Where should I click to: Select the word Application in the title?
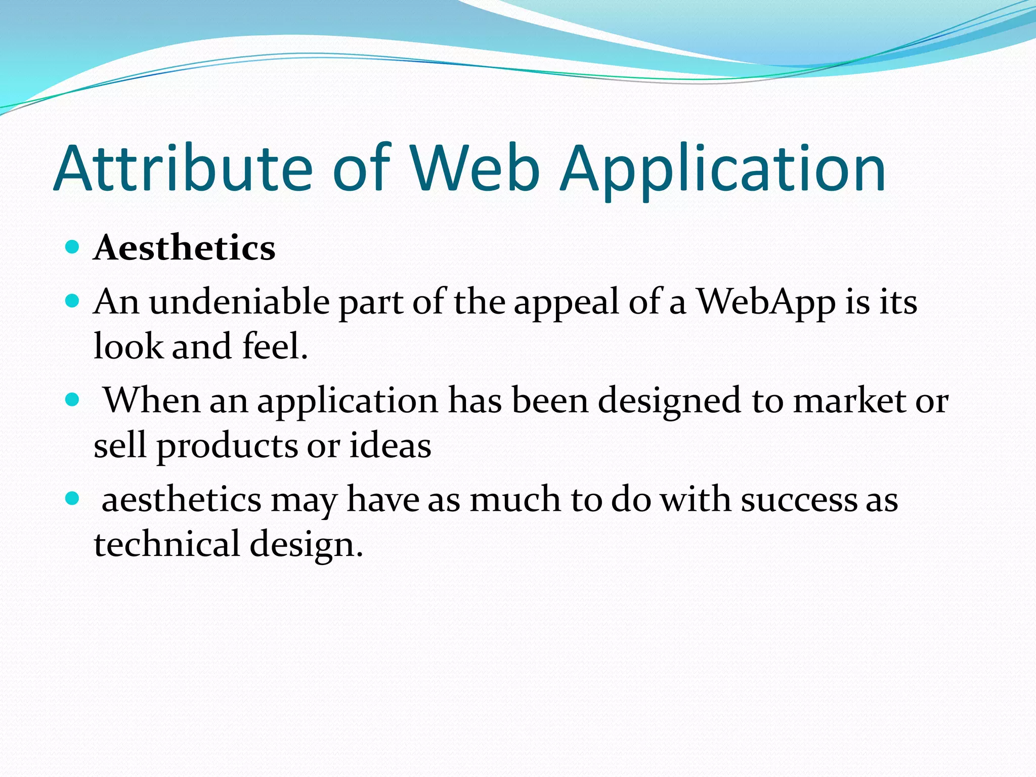(x=723, y=169)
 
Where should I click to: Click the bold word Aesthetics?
(x=185, y=248)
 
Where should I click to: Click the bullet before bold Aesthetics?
(x=73, y=247)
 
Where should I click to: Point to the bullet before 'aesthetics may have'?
(x=73, y=499)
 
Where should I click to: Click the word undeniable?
(x=240, y=302)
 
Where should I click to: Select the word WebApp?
(x=767, y=302)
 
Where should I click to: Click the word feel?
(x=275, y=347)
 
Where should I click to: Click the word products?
(x=227, y=447)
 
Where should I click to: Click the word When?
(x=152, y=401)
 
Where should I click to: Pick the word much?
(x=515, y=500)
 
